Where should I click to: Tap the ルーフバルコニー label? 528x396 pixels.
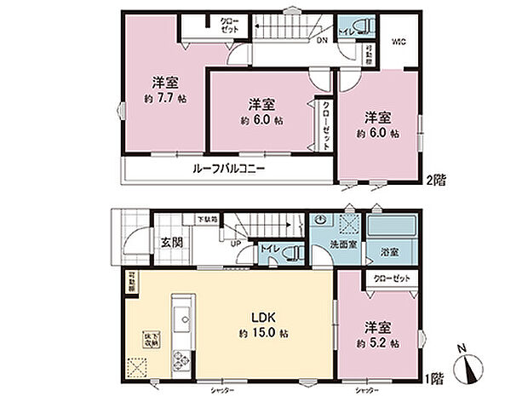(x=224, y=169)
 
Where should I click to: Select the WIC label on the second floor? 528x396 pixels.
(x=399, y=41)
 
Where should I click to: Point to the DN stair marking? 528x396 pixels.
(x=323, y=40)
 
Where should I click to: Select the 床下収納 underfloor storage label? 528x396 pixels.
(x=137, y=338)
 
